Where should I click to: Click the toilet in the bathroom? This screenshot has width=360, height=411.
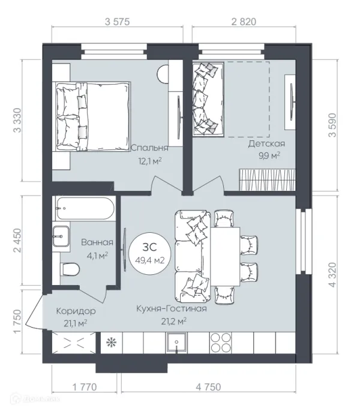pos(70,269)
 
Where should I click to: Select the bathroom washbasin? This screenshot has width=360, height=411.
pos(61,236)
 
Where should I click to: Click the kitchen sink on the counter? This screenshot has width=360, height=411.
pos(176,343)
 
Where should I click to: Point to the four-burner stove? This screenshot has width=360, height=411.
pos(221,343)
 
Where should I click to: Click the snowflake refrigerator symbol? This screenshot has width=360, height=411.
pos(112,343)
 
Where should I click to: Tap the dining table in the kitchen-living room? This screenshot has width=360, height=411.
pos(225,256)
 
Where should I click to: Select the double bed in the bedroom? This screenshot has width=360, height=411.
pos(93,116)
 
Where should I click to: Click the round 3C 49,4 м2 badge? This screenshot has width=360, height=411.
pos(150,253)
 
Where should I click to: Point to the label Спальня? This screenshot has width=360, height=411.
pos(149,148)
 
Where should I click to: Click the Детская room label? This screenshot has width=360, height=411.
pos(266,143)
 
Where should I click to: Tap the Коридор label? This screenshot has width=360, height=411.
pos(76,311)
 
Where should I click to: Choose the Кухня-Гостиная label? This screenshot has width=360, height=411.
pos(172,308)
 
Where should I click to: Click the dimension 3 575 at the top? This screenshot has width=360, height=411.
pos(117,22)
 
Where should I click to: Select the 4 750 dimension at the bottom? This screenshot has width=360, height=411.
pos(208,387)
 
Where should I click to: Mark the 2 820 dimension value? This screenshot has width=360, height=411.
pos(244,22)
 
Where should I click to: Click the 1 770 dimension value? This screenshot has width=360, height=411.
pos(85,387)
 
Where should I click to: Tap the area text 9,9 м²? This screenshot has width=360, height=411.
pos(269,155)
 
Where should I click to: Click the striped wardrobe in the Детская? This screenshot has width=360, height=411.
pos(267,180)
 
